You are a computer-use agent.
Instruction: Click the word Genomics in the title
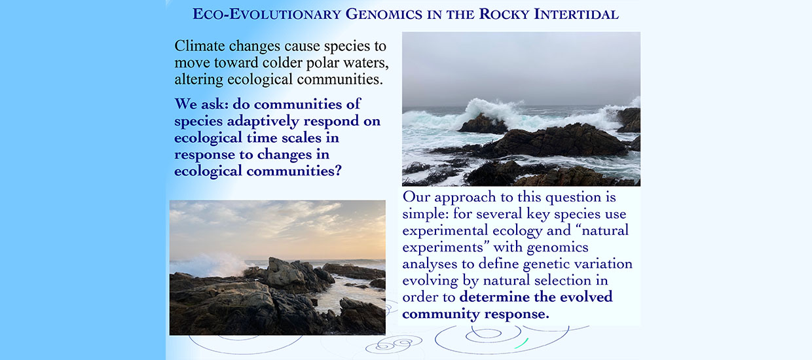click(x=384, y=14)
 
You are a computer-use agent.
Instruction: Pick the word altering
click(x=198, y=80)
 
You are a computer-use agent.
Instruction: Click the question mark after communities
click(x=338, y=171)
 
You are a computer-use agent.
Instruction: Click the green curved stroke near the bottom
click(x=521, y=344)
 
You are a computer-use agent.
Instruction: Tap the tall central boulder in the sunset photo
click(x=286, y=274)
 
